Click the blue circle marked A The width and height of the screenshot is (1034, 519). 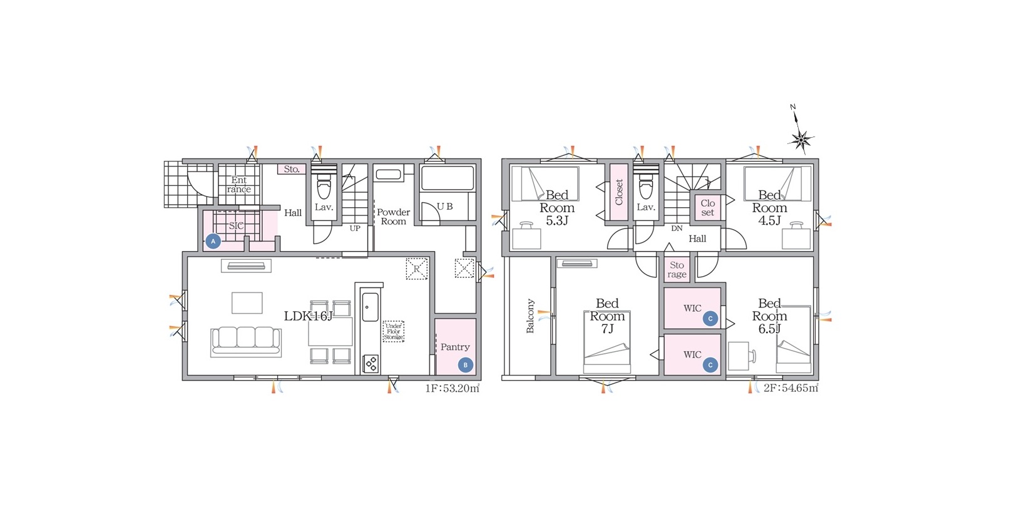(213, 241)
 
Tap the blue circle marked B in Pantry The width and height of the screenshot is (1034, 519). (465, 365)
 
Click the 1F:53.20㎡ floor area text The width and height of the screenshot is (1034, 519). (453, 388)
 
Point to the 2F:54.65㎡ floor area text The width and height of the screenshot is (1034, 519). (791, 388)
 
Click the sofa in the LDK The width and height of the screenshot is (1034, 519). (246, 342)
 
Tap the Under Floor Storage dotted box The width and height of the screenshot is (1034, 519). (393, 332)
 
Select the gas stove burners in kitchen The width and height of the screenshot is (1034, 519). (371, 363)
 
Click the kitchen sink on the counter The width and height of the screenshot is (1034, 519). (370, 307)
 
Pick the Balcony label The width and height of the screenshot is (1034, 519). (530, 316)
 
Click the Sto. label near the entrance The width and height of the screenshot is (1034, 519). (292, 169)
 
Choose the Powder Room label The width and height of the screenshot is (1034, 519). (393, 217)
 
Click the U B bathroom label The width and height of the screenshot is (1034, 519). (444, 207)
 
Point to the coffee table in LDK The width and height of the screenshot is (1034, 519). (247, 303)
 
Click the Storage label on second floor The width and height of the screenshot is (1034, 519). (677, 270)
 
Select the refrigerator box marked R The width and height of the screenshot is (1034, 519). (417, 269)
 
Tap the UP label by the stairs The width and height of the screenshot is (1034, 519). (355, 228)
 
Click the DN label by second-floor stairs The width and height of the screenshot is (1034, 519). (677, 228)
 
